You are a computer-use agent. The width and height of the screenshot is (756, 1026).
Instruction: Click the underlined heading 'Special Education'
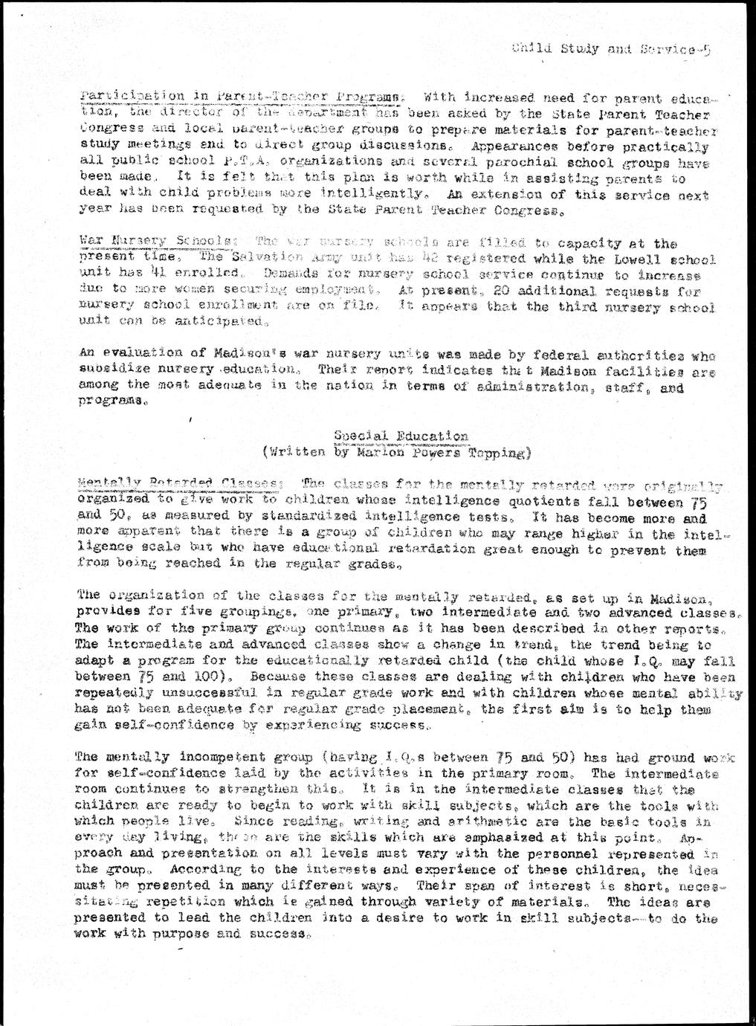[x=401, y=436]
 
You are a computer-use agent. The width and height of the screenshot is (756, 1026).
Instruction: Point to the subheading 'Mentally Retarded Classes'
[x=179, y=484]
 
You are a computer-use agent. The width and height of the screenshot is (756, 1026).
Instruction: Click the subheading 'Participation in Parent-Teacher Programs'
[x=242, y=97]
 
